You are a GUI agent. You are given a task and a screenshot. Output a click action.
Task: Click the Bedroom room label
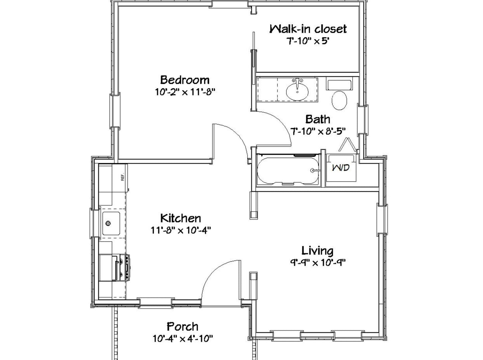[x=185, y=80]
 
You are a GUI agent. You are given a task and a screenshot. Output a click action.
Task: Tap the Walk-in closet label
[x=308, y=29]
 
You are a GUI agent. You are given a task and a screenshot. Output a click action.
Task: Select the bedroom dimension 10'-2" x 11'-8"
[x=185, y=92]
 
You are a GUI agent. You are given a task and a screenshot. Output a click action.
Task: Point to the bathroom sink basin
[x=297, y=92]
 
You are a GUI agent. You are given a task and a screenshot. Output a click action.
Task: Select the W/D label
[x=341, y=167]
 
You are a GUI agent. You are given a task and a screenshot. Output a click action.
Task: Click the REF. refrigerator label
[x=122, y=177]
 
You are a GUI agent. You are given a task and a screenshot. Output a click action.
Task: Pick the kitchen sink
[x=111, y=223]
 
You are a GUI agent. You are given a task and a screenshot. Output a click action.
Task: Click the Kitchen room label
[x=180, y=218]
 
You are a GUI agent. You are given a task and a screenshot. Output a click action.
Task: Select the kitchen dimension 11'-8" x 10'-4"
[x=181, y=230]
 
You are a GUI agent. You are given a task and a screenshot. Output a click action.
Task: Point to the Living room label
[x=317, y=251]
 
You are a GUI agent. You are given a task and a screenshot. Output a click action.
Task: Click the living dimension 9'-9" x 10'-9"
[x=318, y=263]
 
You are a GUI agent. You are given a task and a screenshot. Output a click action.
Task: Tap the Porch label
[x=183, y=327]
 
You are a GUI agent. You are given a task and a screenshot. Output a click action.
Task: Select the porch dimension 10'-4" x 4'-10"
[x=183, y=339]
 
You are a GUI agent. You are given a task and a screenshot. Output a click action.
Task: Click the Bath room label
[x=318, y=119]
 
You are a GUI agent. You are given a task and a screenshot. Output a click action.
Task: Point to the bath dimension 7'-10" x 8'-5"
[x=318, y=131]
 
